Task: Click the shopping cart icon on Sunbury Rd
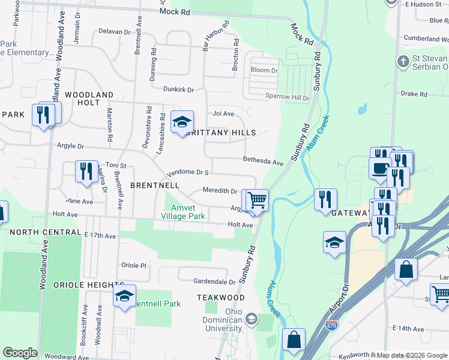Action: point(257,200)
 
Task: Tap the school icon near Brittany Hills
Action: point(182,122)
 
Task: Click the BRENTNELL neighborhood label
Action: point(155,186)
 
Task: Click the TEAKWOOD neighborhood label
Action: point(221,298)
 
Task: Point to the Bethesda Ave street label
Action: point(262,162)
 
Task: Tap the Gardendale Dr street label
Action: point(214,281)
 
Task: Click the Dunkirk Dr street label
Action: point(178,89)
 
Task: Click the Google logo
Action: point(20,353)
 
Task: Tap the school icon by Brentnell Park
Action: point(125,296)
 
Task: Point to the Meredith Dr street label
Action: point(220,191)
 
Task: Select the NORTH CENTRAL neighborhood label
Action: point(45,232)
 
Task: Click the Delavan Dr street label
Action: point(114,31)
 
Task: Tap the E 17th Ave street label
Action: point(100,236)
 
